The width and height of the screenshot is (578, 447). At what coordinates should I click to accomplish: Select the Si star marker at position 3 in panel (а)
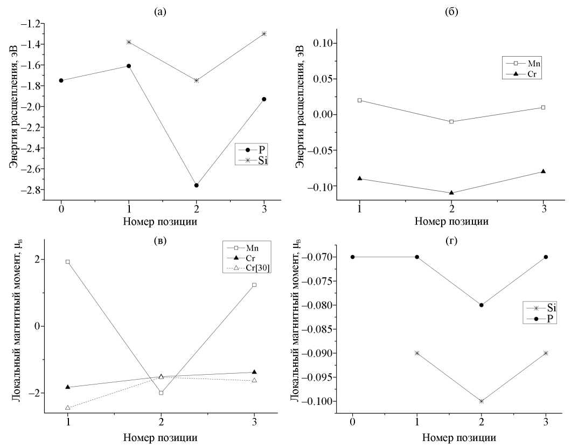264,33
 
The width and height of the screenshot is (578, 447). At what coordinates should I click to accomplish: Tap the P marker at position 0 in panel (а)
61,80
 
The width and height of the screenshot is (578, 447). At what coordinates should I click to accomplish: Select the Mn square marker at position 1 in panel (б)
360,100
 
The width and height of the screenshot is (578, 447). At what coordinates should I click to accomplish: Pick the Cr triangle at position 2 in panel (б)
451,192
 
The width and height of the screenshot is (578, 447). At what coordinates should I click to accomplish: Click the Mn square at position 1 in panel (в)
67,262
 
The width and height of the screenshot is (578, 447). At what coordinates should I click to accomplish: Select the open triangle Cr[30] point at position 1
67,408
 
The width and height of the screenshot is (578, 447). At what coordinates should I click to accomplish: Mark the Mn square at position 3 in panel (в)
254,285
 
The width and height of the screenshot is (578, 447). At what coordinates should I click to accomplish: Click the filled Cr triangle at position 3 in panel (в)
254,372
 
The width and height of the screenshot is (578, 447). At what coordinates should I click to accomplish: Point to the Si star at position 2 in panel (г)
482,401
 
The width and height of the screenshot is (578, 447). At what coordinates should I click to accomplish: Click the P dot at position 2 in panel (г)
482,305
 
